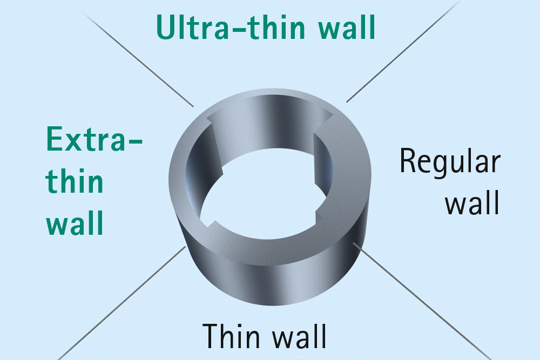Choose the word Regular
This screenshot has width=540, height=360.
coord(450,162)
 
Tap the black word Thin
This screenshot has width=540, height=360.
coord(232,336)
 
